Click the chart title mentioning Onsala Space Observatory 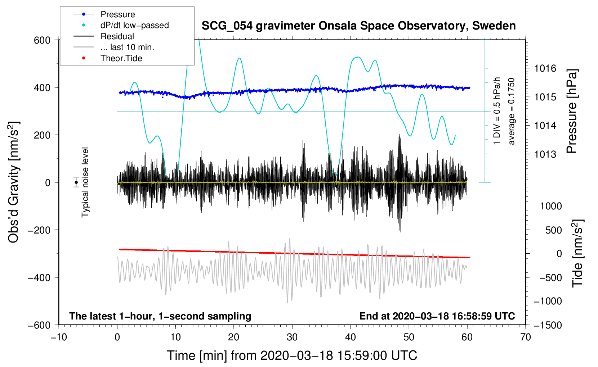point(358,26)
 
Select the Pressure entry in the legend point(117,14)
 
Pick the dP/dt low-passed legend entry point(134,25)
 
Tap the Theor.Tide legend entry point(121,58)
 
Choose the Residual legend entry point(117,36)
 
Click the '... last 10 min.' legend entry point(127,47)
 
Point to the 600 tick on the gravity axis point(42,40)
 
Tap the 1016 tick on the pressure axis point(545,68)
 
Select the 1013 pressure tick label point(545,154)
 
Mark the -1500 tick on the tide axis point(548,325)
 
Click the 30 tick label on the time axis point(292,337)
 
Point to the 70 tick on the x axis point(526,337)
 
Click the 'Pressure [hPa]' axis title point(572,111)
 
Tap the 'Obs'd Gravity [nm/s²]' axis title point(14,182)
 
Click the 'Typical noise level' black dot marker point(76,182)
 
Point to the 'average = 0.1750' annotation point(511,111)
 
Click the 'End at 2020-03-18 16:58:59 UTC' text point(437,316)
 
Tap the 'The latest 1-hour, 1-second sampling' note point(160,316)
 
